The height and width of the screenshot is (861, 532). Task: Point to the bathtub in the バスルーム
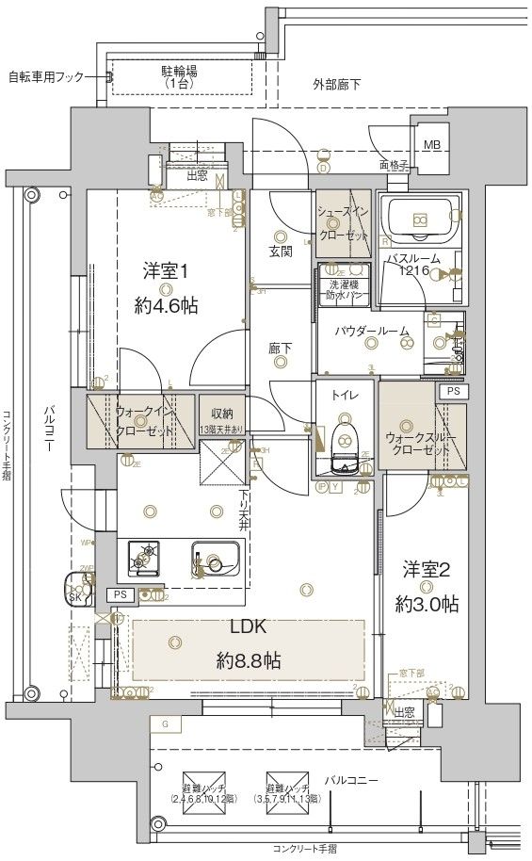coord(420,221)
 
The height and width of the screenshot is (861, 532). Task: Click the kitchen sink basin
coord(216,562)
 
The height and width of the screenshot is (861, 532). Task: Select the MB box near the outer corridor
coord(430,145)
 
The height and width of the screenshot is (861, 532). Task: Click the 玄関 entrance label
coord(280,252)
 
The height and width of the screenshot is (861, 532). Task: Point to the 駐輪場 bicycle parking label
coord(179,75)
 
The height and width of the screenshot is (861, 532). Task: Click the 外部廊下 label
coord(336,85)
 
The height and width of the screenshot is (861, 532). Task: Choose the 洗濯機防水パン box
coord(344,289)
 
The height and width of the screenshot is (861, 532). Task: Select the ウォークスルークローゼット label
coord(420,444)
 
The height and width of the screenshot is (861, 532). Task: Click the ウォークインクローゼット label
coord(145,421)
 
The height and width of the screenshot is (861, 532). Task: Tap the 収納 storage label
coord(221,414)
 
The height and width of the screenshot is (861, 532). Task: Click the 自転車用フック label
coord(46,75)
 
